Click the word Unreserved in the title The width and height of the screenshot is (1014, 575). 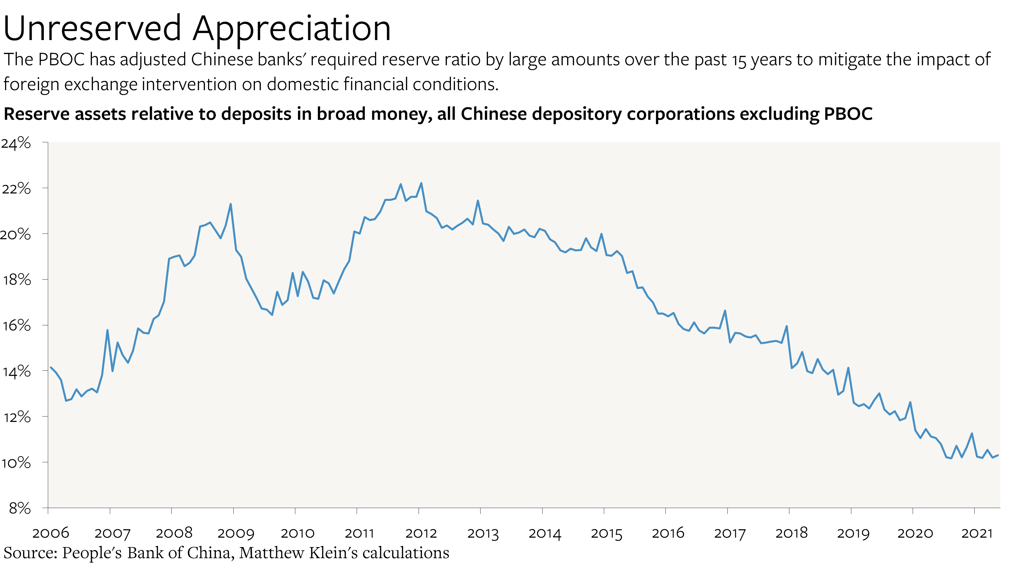92,29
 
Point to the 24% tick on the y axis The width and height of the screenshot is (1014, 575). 16,143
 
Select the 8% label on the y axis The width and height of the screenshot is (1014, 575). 20,508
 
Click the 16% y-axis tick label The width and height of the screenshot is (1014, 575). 17,325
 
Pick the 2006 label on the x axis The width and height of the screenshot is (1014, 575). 51,533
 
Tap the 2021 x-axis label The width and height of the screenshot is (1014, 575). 977,533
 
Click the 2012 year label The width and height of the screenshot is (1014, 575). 421,533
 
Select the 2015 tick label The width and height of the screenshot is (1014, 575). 606,533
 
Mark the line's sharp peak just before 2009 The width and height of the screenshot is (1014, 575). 231,204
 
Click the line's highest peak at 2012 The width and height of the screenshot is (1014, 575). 421,183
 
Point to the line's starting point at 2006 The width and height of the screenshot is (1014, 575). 51,367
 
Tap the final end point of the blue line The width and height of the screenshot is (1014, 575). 998,455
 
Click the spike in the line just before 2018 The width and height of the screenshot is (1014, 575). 787,326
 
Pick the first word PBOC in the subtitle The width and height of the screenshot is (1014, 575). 62,60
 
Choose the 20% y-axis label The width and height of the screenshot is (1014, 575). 16,234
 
